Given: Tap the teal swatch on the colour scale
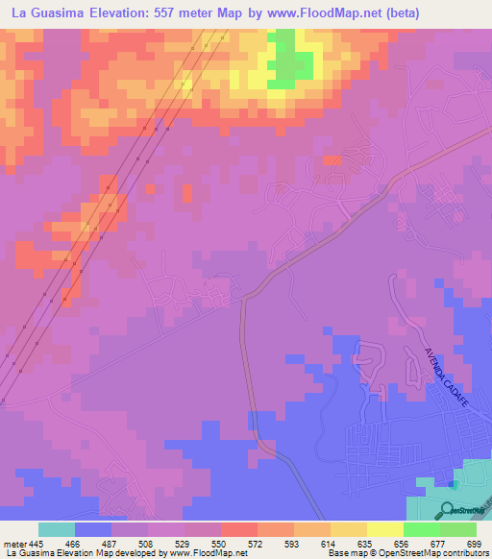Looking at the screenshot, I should point(57,529).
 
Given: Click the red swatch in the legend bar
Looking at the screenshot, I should point(238,529).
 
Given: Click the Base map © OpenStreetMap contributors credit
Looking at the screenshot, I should point(406,553).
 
